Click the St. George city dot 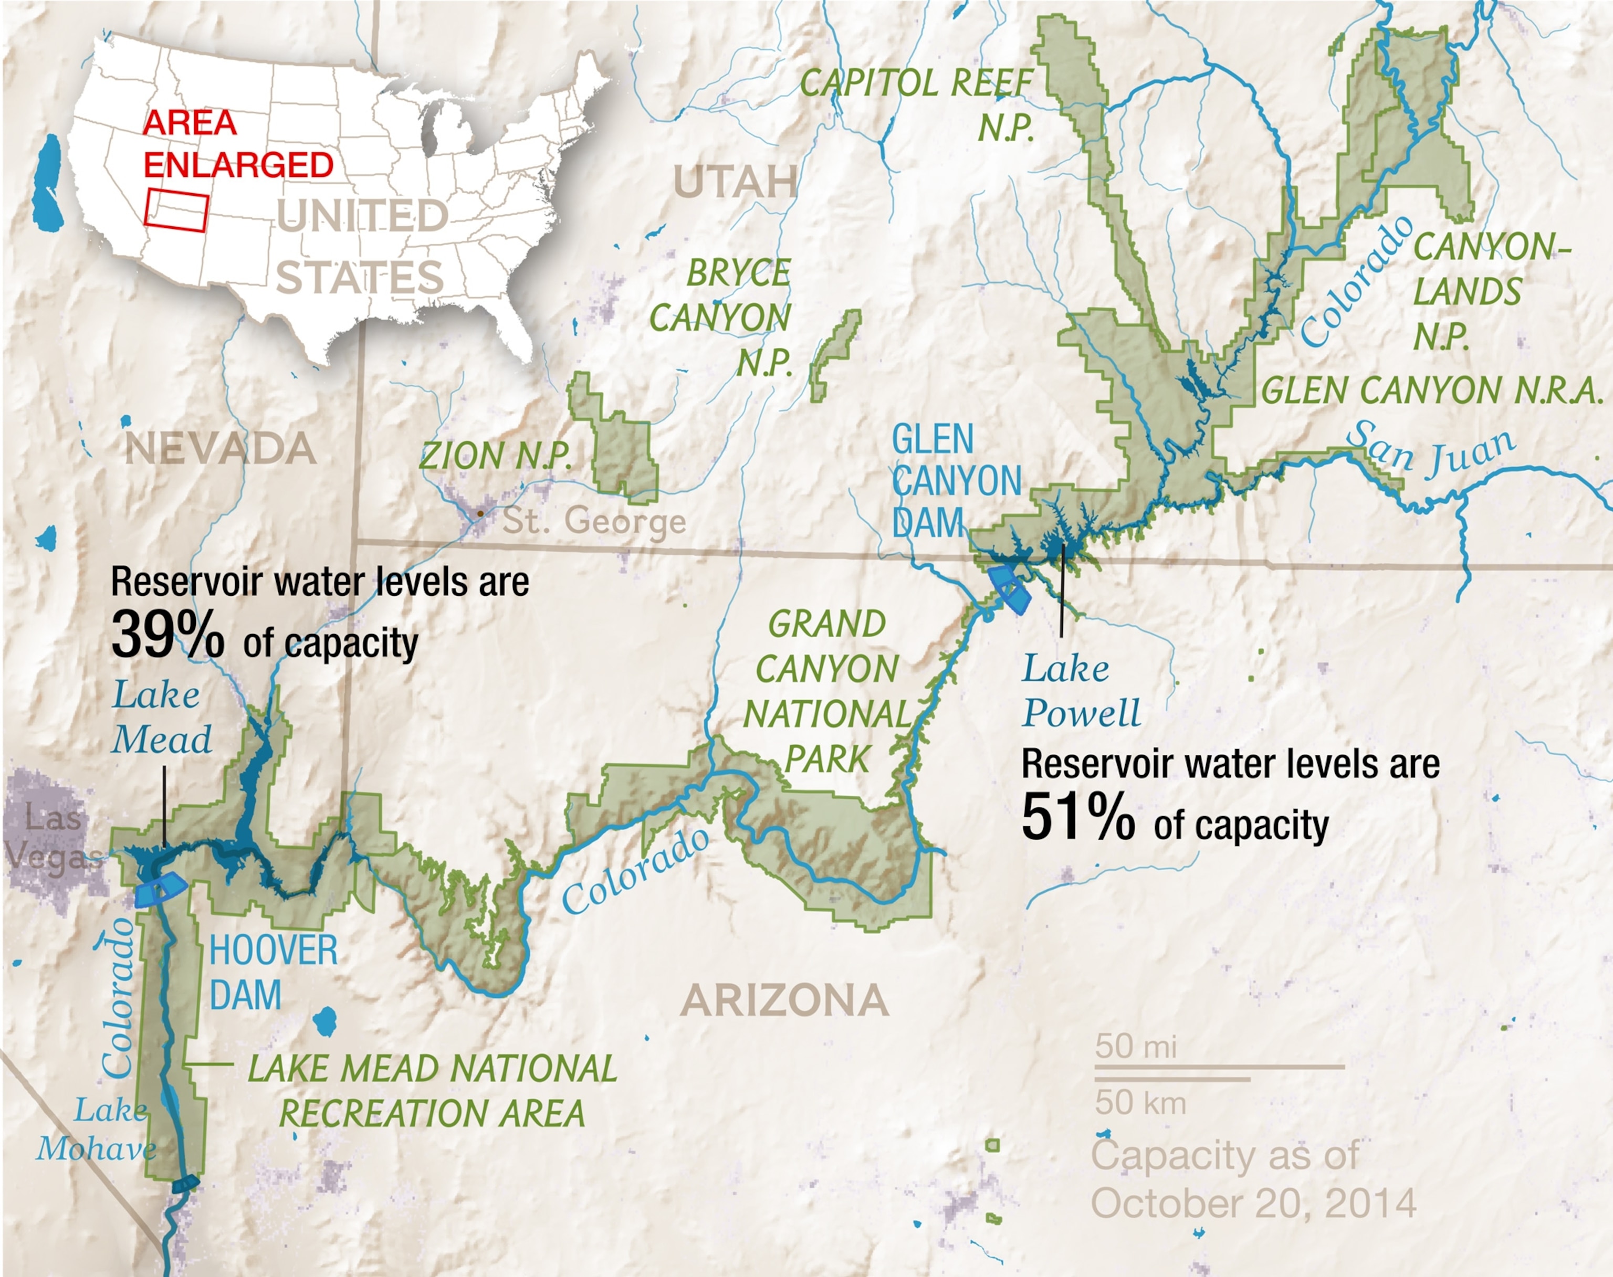click(x=480, y=514)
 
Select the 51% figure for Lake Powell click(x=1077, y=817)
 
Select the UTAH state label click(x=735, y=182)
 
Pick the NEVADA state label click(x=220, y=449)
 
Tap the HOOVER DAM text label click(x=273, y=972)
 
